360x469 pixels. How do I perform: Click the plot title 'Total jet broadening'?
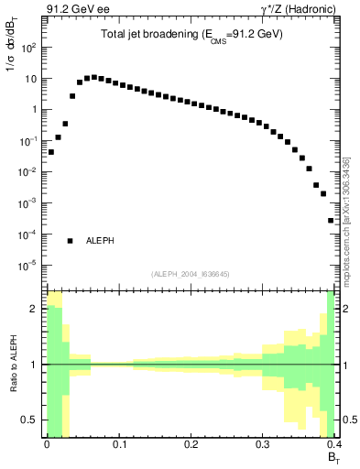[x=191, y=34]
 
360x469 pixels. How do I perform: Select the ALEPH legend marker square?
[x=71, y=240]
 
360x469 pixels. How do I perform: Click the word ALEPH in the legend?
[x=100, y=241]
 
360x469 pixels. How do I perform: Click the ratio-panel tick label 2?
[x=34, y=309]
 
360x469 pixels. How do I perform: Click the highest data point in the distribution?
[x=93, y=77]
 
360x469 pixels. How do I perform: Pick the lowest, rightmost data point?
[x=331, y=220]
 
